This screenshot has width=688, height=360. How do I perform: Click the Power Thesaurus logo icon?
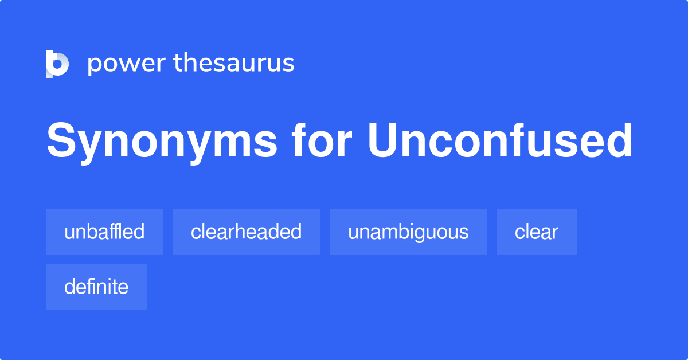click(57, 63)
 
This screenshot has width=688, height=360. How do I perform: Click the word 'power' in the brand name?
click(126, 63)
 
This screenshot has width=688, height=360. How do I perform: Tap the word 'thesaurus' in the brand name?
click(234, 63)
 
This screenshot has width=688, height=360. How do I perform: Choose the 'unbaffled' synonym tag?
click(104, 232)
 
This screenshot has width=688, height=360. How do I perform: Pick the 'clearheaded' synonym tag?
click(246, 232)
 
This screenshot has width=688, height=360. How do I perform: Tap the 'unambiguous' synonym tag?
click(408, 232)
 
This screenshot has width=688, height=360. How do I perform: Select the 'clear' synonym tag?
click(537, 232)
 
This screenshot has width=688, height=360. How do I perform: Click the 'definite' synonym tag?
click(96, 287)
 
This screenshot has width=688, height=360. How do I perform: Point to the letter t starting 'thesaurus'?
click(177, 63)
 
